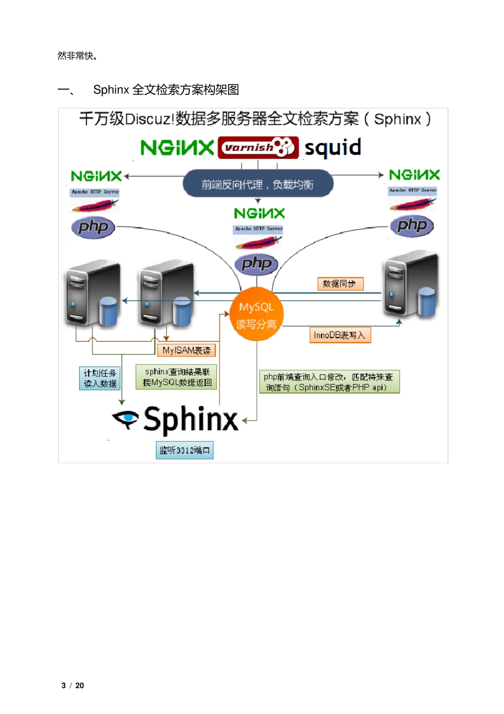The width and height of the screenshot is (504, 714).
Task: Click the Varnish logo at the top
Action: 258,148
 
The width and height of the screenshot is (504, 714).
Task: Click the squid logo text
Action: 333,148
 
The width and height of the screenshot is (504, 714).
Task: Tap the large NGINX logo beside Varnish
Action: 177,148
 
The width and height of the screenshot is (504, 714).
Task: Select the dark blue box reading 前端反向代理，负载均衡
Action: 258,184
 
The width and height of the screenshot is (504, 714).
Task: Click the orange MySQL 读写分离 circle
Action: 257,314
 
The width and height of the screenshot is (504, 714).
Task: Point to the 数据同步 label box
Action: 340,284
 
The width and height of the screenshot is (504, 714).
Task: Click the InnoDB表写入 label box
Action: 340,335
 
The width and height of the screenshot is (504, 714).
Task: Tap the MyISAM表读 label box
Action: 186,350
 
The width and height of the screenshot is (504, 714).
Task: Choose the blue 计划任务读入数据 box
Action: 100,378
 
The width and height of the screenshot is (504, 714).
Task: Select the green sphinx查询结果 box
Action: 177,377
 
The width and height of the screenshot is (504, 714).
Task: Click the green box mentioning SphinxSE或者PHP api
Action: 329,381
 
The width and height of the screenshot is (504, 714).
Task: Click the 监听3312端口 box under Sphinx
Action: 184,450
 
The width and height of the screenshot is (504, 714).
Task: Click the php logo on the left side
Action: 93,227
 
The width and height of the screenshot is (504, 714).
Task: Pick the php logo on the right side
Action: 412,226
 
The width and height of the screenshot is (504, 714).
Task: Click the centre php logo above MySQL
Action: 257,264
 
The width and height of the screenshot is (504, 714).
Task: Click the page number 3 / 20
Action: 73,685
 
